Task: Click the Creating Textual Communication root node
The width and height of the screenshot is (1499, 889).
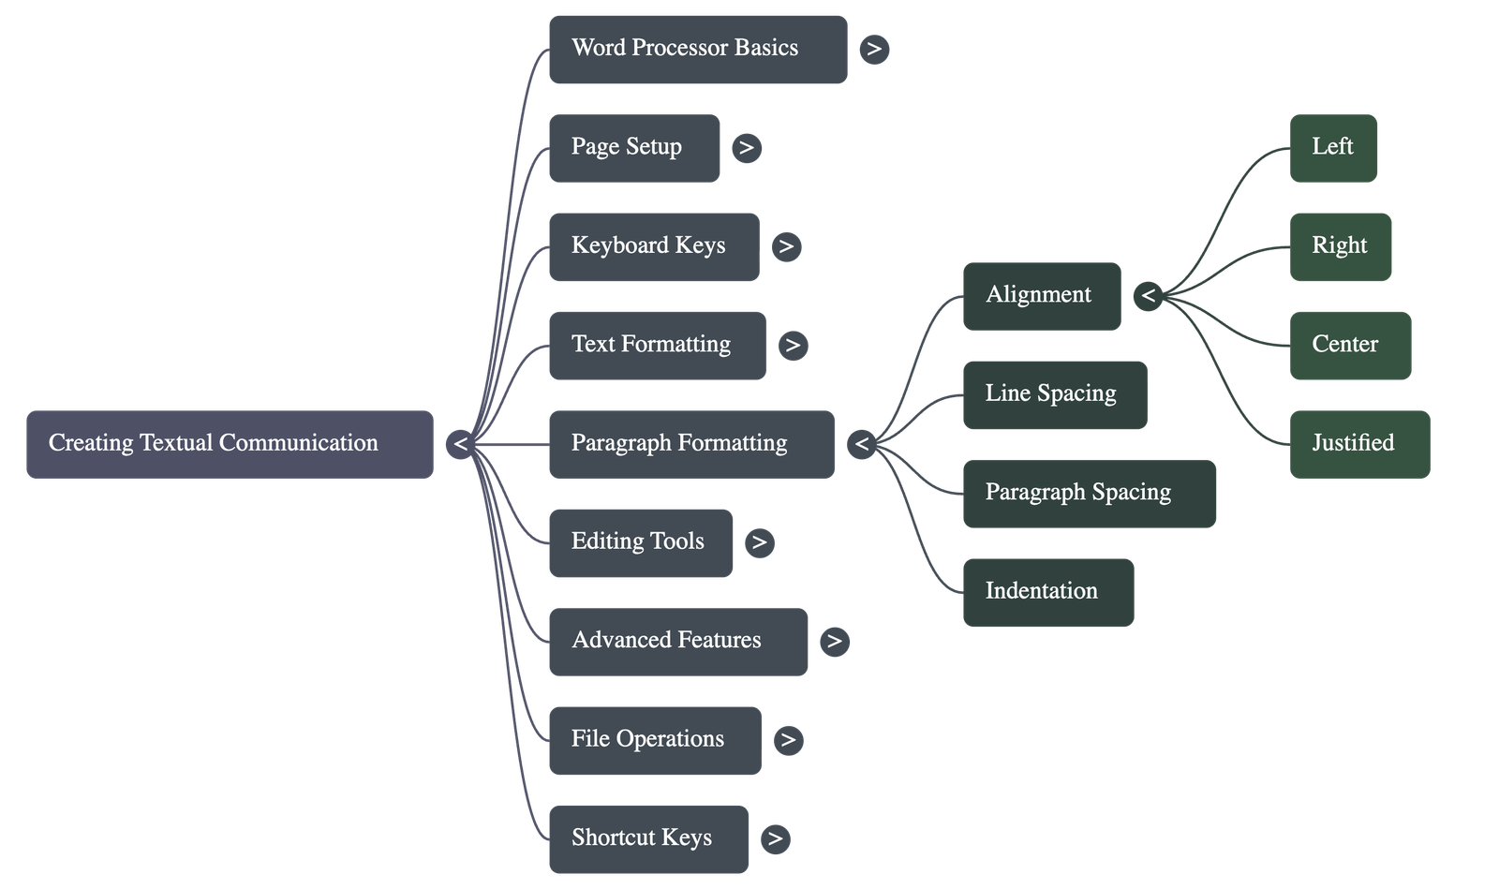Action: (x=230, y=444)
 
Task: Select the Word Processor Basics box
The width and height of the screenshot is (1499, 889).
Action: (x=698, y=49)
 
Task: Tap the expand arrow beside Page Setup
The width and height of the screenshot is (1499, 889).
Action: (x=747, y=148)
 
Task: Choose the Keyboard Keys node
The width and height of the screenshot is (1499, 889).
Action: (x=653, y=246)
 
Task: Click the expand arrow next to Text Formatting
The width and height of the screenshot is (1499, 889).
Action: (x=793, y=346)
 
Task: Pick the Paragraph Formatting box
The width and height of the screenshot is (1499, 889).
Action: (x=690, y=444)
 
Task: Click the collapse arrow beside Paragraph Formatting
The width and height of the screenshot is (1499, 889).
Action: (x=862, y=444)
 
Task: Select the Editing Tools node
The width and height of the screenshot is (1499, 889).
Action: (x=640, y=542)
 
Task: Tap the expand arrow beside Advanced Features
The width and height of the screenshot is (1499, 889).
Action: (x=834, y=642)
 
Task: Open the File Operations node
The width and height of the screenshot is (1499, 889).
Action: (x=654, y=740)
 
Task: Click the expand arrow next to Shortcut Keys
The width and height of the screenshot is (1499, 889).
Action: (x=775, y=838)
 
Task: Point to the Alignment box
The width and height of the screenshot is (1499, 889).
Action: (x=1041, y=296)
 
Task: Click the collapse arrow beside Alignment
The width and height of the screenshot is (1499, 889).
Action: (x=1148, y=297)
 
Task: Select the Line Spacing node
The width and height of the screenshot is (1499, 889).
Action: (x=1054, y=394)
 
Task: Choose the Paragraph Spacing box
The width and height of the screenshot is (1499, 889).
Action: (x=1089, y=494)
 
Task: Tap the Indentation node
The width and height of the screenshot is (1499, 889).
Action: (x=1047, y=592)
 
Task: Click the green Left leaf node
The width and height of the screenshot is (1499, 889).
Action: (x=1333, y=148)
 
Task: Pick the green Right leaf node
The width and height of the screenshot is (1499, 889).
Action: (x=1340, y=246)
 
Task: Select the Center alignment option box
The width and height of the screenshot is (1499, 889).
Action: (x=1349, y=346)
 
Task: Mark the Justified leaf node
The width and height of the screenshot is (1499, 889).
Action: (x=1358, y=444)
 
